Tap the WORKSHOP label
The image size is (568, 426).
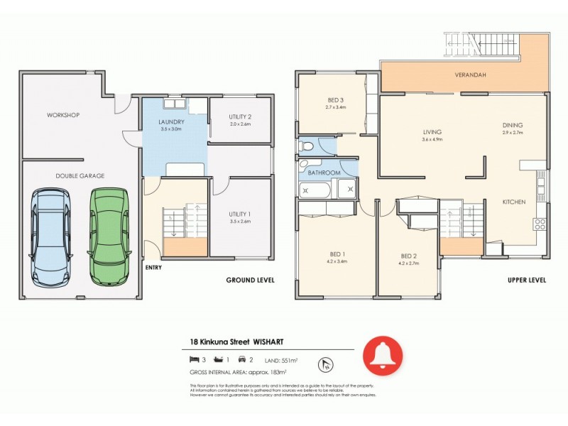pos(63,115)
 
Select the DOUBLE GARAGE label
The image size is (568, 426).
pos(80,175)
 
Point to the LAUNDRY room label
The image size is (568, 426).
pos(172,122)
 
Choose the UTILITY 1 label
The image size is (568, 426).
pos(240,214)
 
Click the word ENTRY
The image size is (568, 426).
pos(153,268)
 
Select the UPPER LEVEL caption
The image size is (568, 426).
pos(527,280)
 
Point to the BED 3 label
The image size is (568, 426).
pos(335,99)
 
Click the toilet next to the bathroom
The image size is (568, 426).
pos(306,146)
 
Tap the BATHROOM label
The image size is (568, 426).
pos(324,173)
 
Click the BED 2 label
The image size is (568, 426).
pos(408,256)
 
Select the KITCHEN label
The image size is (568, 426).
pos(514,202)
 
